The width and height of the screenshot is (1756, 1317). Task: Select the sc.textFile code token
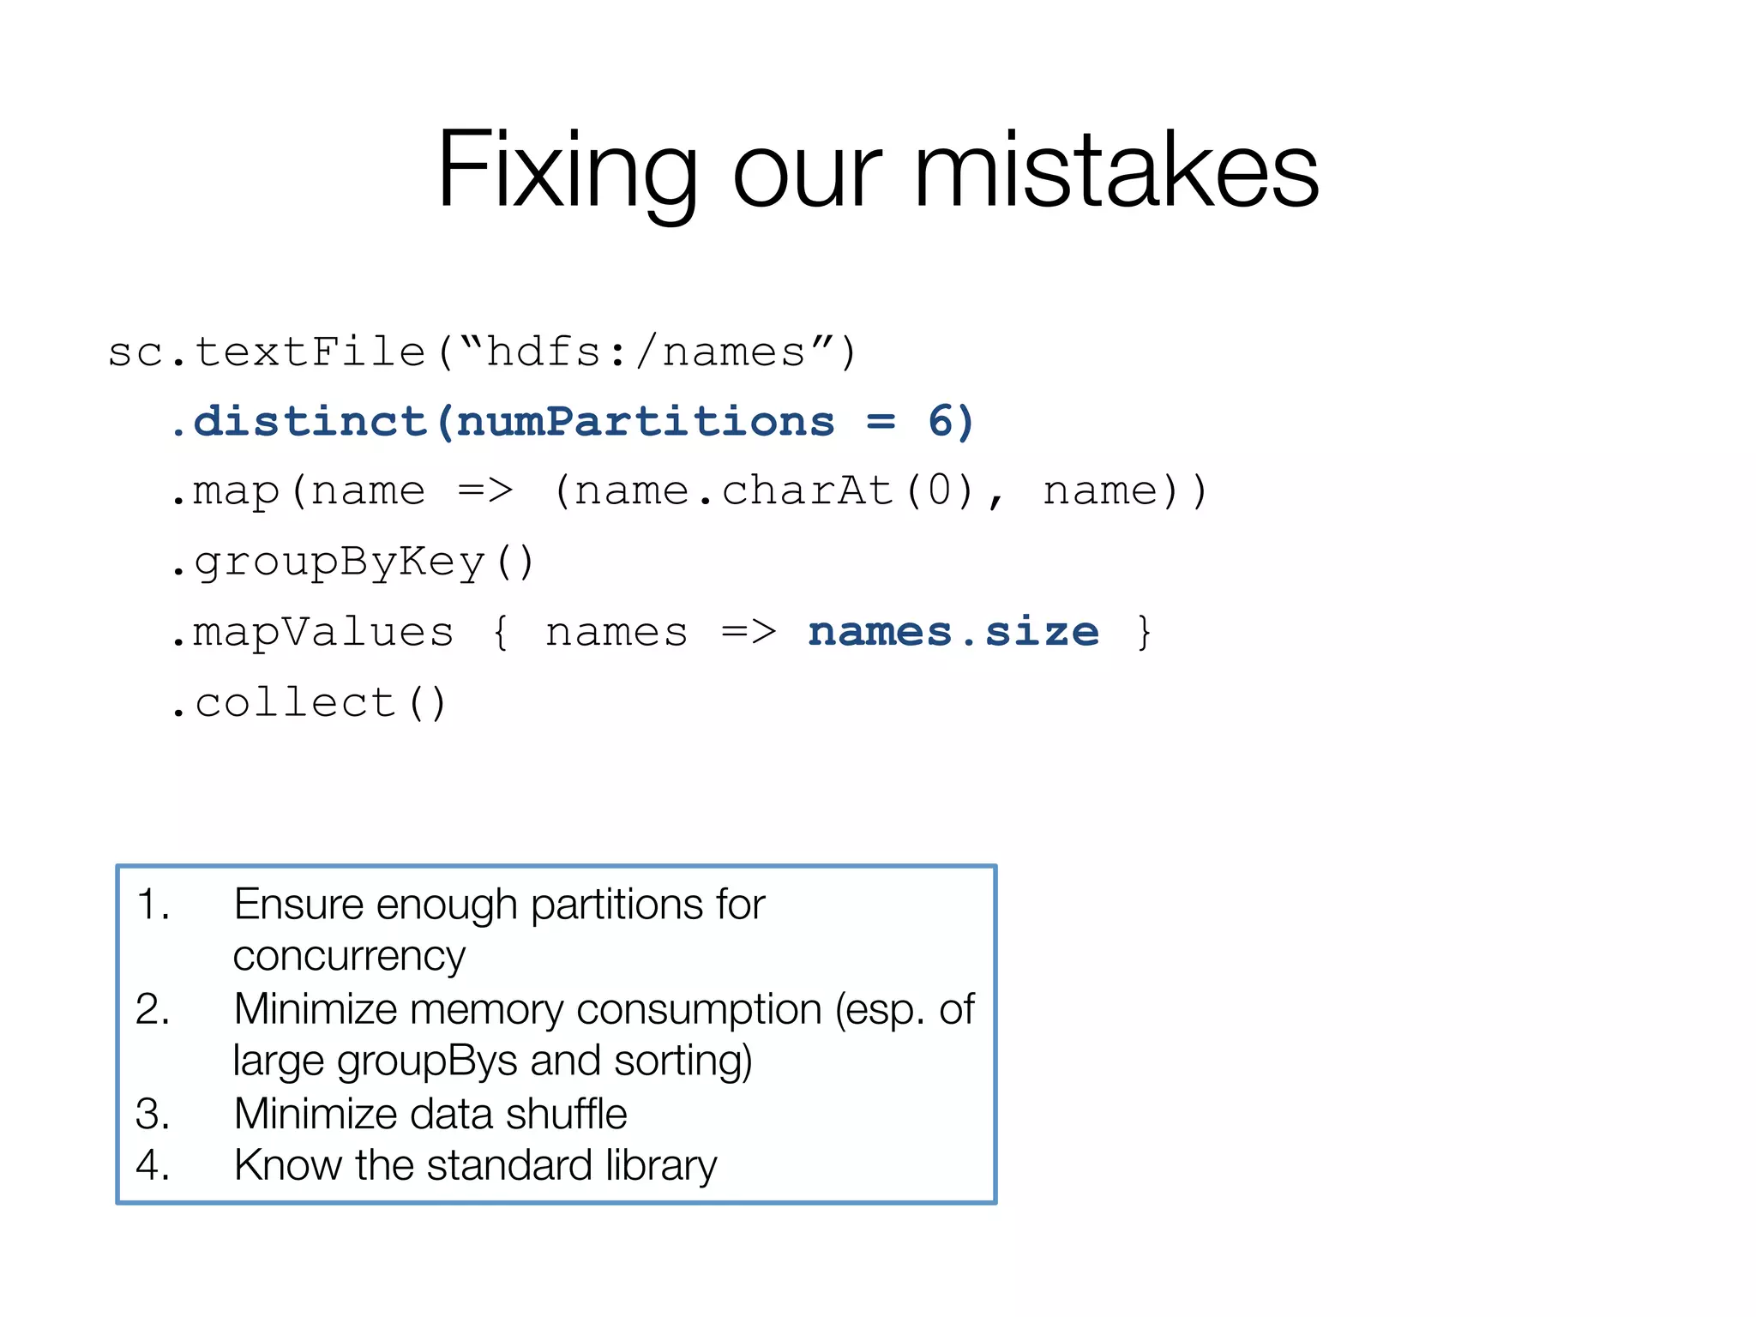267,352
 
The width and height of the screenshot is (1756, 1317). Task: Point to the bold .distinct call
299,422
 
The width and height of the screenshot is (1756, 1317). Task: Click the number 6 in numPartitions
941,422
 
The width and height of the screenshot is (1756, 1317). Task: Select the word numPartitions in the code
645,422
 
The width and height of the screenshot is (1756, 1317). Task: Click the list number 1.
153,905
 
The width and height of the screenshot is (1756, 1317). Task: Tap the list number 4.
153,1166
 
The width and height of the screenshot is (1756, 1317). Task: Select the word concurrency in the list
349,957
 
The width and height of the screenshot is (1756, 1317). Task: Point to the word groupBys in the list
427,1061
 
